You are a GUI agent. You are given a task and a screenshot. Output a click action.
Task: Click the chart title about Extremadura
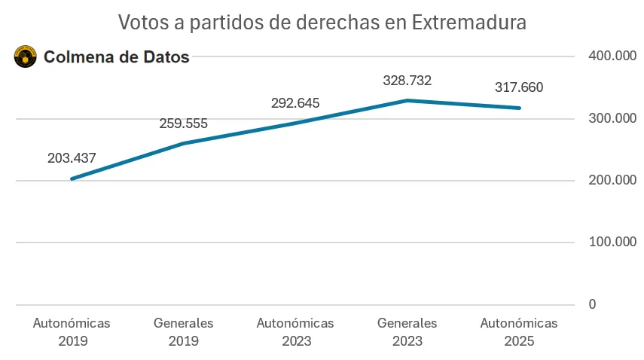tap(322, 23)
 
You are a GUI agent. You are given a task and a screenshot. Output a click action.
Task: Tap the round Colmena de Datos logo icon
tap(26, 56)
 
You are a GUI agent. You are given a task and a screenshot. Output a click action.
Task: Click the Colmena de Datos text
tap(117, 56)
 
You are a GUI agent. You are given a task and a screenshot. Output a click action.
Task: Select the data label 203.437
tap(72, 158)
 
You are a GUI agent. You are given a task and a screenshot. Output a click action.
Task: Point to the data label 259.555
tap(183, 124)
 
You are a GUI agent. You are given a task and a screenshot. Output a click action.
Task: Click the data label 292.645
tap(295, 103)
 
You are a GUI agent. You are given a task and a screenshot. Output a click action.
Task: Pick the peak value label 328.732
tap(407, 81)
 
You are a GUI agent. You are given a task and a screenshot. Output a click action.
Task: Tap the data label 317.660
tap(518, 87)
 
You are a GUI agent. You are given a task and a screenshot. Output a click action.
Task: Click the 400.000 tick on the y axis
tap(608, 56)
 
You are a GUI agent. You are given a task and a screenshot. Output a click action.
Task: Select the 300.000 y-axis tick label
tap(608, 118)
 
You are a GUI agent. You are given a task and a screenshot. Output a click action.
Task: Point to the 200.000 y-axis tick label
tap(608, 180)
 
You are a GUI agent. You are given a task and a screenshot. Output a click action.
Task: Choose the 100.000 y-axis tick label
tap(608, 242)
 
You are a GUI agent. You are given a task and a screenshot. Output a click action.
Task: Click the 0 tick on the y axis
tap(592, 304)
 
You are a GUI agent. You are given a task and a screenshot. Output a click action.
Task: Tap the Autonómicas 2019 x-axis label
tap(72, 331)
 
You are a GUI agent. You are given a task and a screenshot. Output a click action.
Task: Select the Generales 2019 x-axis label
tap(183, 331)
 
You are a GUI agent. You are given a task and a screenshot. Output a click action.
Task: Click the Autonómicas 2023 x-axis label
tap(295, 331)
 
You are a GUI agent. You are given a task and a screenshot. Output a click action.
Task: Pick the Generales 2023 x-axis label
tap(407, 331)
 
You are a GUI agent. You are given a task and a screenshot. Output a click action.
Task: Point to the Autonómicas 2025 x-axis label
tap(518, 331)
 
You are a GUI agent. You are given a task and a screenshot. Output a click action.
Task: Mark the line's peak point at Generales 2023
tap(407, 100)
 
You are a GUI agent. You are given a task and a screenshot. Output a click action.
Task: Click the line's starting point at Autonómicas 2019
tap(72, 178)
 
